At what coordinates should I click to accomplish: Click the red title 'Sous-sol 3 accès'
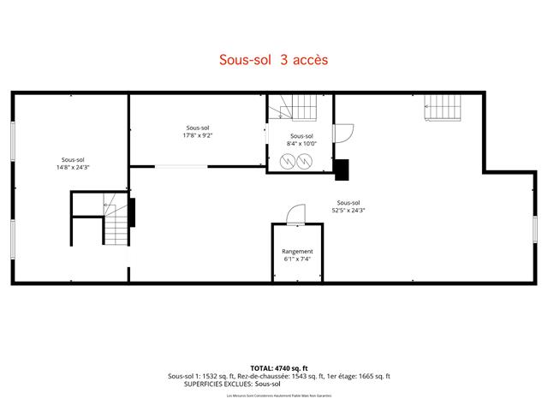pyautogui.click(x=274, y=60)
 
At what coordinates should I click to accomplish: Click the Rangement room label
pyautogui.click(x=297, y=251)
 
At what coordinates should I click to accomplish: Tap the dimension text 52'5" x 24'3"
pyautogui.click(x=348, y=210)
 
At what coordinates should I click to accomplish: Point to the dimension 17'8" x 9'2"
pyautogui.click(x=197, y=135)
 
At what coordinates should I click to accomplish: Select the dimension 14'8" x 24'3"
pyautogui.click(x=73, y=167)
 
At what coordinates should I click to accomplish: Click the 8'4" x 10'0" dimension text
pyautogui.click(x=301, y=144)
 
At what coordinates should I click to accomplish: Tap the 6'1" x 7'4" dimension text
pyautogui.click(x=297, y=259)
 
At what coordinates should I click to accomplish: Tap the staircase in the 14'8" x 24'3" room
pyautogui.click(x=115, y=224)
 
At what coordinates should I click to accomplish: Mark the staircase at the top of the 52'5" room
pyautogui.click(x=443, y=109)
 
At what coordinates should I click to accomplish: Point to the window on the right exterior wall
pyautogui.click(x=533, y=229)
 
